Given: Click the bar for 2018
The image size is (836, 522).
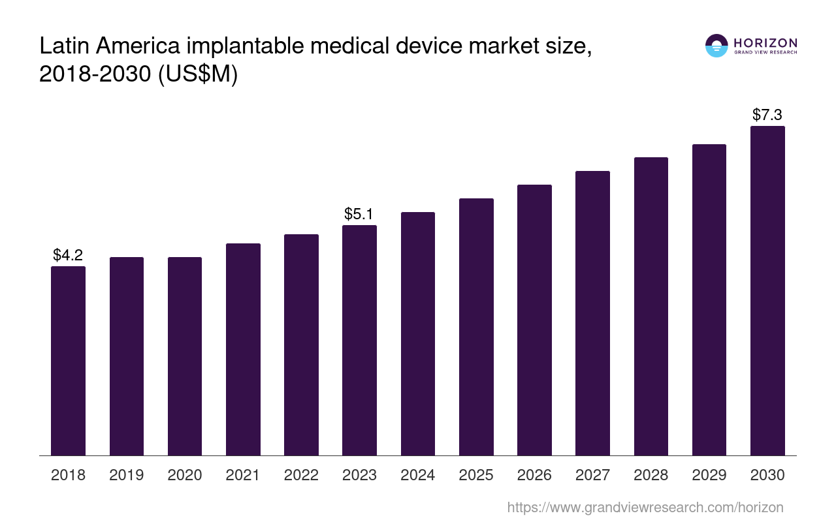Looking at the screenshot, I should point(68,360).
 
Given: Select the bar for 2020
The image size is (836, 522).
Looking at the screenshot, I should point(185,356).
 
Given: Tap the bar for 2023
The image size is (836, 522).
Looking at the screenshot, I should point(359,340).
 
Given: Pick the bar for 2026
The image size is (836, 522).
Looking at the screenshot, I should point(534,320).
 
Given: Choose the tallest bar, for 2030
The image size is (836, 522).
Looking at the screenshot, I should point(767,290).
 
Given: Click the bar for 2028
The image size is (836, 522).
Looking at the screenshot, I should point(651,306).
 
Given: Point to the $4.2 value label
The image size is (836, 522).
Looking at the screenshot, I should point(68,254).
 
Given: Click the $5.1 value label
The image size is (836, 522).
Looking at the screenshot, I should point(359,213).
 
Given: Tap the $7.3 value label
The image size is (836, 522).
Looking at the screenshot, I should point(767,115).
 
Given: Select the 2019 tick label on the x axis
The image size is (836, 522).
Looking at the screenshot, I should point(127,475).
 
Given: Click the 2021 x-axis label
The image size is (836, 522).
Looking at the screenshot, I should point(243,475).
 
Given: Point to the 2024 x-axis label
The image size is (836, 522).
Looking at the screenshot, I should point(418,475).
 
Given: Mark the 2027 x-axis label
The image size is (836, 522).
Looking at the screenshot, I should point(592,475).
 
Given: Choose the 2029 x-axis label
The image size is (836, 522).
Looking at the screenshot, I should point(709,475).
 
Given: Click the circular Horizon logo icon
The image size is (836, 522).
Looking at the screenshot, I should point(716,46).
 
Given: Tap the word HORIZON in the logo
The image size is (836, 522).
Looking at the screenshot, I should point(765,42).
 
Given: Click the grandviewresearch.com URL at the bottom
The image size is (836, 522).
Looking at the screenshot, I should point(645,507).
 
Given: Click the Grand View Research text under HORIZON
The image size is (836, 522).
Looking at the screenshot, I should point(765,53).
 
